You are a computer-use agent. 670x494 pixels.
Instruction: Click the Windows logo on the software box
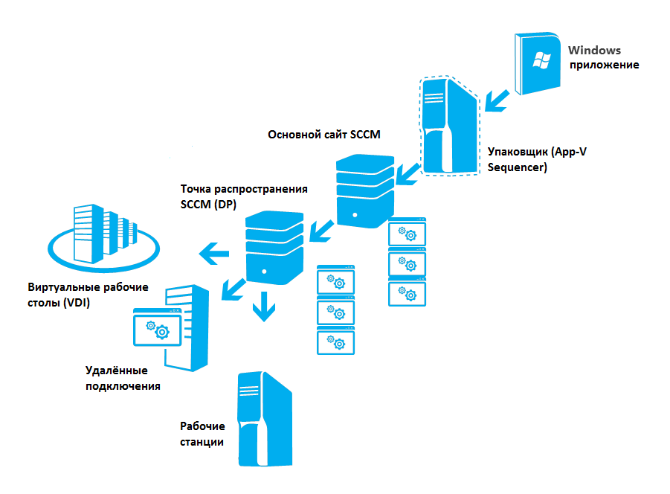(542, 60)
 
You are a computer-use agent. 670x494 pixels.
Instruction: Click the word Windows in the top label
(594, 51)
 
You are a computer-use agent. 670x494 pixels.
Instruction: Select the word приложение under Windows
(605, 65)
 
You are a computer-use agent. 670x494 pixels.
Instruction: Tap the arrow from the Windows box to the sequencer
(497, 101)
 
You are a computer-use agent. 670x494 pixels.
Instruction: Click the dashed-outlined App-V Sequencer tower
(450, 126)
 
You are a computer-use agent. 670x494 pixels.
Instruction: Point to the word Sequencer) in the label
(518, 167)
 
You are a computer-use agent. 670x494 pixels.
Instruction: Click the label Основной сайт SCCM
(324, 135)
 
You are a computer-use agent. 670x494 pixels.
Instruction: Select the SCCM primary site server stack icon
(365, 191)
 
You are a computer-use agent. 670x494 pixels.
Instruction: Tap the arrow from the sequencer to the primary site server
(408, 174)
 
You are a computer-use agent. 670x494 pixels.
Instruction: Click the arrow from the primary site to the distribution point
(322, 231)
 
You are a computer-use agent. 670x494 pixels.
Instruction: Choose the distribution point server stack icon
(274, 248)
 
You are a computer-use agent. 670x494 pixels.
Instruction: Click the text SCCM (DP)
(208, 205)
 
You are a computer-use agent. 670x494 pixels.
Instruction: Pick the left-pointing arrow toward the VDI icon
(214, 254)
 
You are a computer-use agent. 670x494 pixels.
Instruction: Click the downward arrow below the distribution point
(264, 307)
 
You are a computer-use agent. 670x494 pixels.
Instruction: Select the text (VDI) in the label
(77, 303)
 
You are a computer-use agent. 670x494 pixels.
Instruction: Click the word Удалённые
(116, 370)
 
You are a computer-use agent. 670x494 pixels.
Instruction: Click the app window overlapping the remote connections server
(157, 327)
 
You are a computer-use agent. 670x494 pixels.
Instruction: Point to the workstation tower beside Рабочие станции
(265, 419)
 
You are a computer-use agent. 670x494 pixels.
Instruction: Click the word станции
(202, 442)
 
